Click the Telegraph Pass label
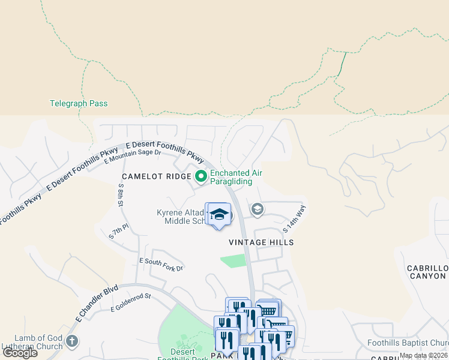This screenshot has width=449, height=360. [x=78, y=103]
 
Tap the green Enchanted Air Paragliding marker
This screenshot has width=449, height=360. [x=200, y=176]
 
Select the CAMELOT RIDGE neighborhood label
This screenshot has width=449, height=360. [x=155, y=176]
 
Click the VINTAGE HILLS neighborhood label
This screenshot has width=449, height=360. [x=261, y=242]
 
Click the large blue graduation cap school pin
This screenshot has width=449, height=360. [x=219, y=215]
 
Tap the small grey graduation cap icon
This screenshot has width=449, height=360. [x=257, y=209]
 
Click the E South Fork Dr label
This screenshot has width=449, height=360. [x=161, y=265]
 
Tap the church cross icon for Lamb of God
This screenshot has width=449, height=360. [x=71, y=341]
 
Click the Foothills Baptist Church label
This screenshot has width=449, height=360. [x=408, y=343]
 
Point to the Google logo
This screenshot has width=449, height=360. [x=20, y=352]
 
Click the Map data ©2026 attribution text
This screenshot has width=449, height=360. [x=423, y=355]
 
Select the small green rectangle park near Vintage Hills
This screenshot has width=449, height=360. [x=234, y=261]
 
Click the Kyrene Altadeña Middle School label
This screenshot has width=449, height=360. [x=180, y=217]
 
